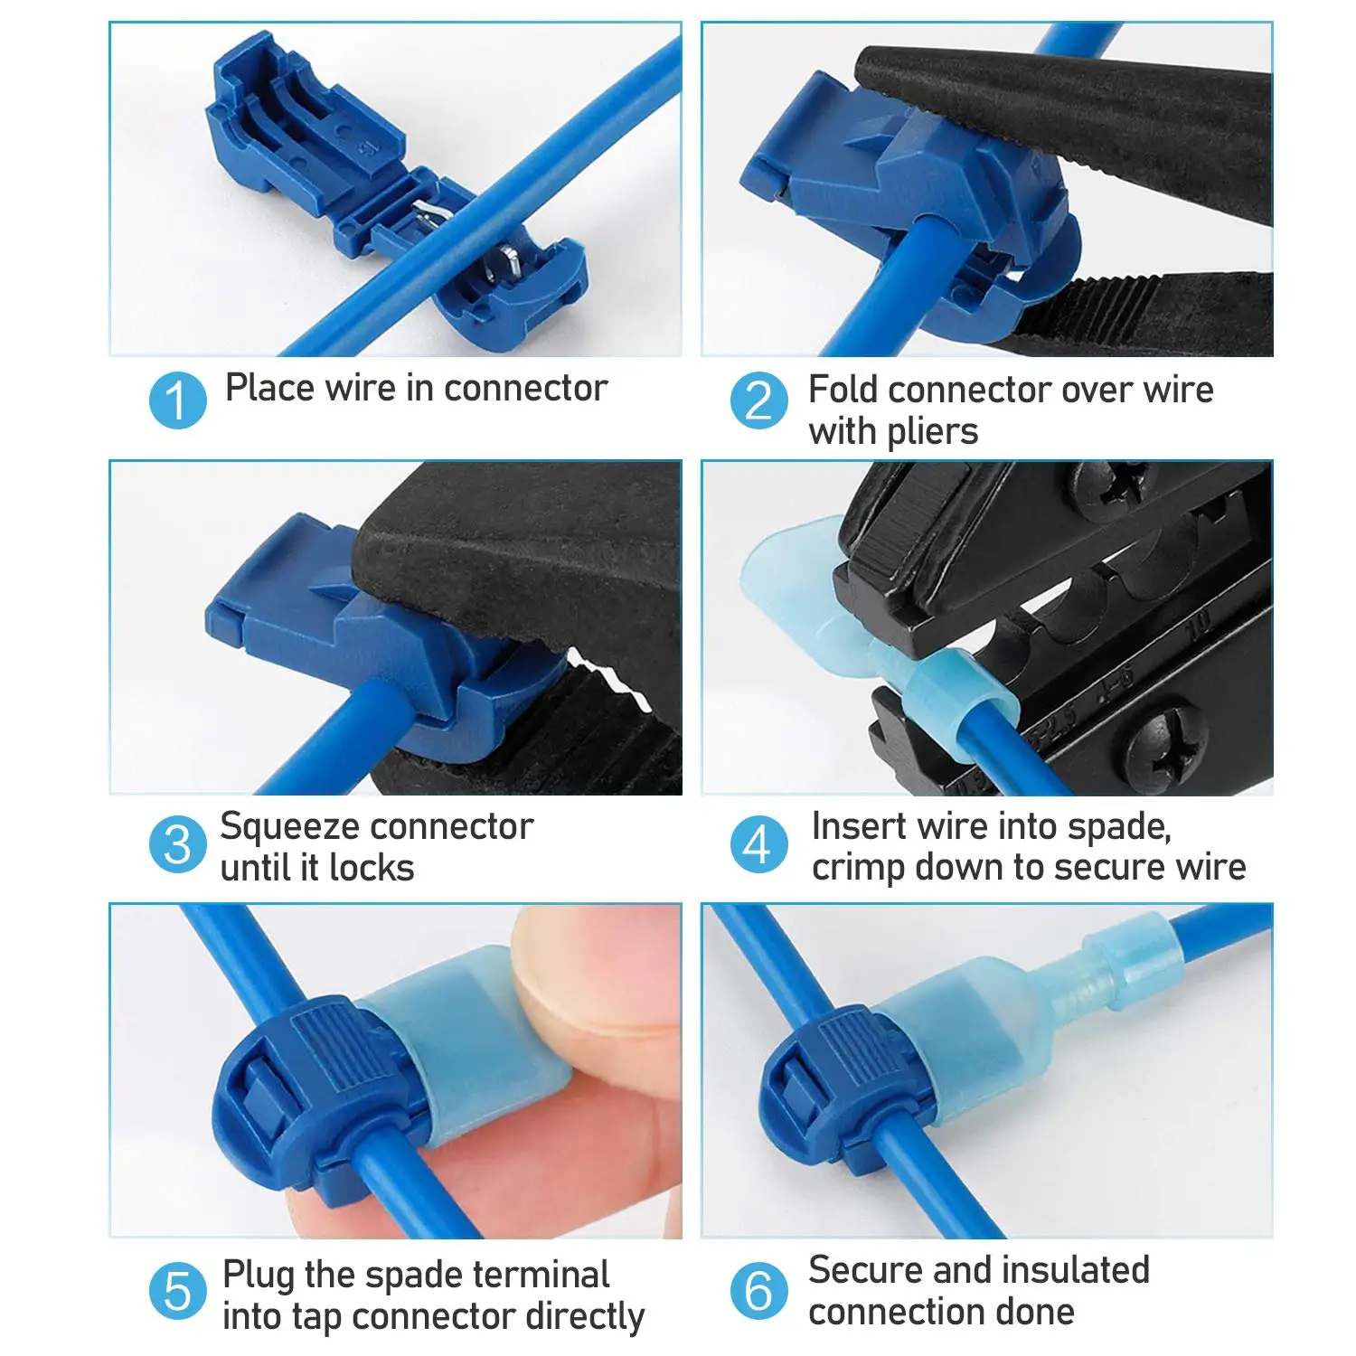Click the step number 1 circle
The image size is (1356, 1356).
177,400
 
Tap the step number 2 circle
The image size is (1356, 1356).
758,400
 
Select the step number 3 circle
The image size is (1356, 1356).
177,844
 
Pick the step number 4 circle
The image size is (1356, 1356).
758,844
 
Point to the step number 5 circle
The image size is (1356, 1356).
177,1290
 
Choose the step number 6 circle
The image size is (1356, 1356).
758,1290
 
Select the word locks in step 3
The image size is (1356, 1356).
371,868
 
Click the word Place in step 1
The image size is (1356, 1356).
269,388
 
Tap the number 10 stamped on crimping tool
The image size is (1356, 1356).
1198,626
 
